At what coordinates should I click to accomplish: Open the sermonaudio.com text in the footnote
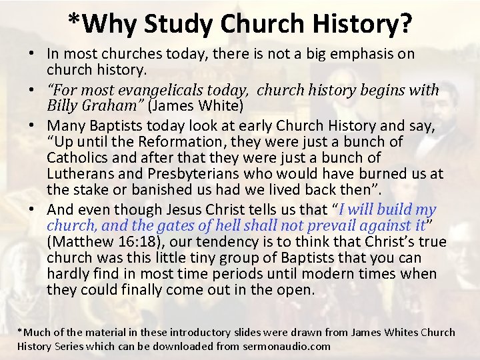(288, 346)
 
